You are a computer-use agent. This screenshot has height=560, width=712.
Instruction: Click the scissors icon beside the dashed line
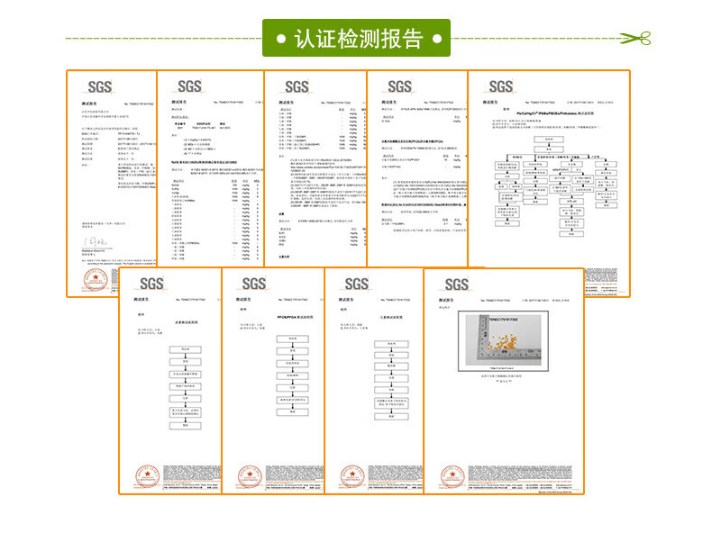tap(638, 39)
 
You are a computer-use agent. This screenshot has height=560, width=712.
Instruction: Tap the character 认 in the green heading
tap(306, 40)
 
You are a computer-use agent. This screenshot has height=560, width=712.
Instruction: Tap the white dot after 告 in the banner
tap(437, 40)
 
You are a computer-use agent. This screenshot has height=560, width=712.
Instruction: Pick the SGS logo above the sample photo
tap(456, 285)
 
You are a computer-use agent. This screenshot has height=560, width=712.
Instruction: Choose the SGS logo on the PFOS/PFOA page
tap(253, 285)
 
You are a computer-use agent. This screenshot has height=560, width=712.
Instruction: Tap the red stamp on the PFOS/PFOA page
tap(243, 474)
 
